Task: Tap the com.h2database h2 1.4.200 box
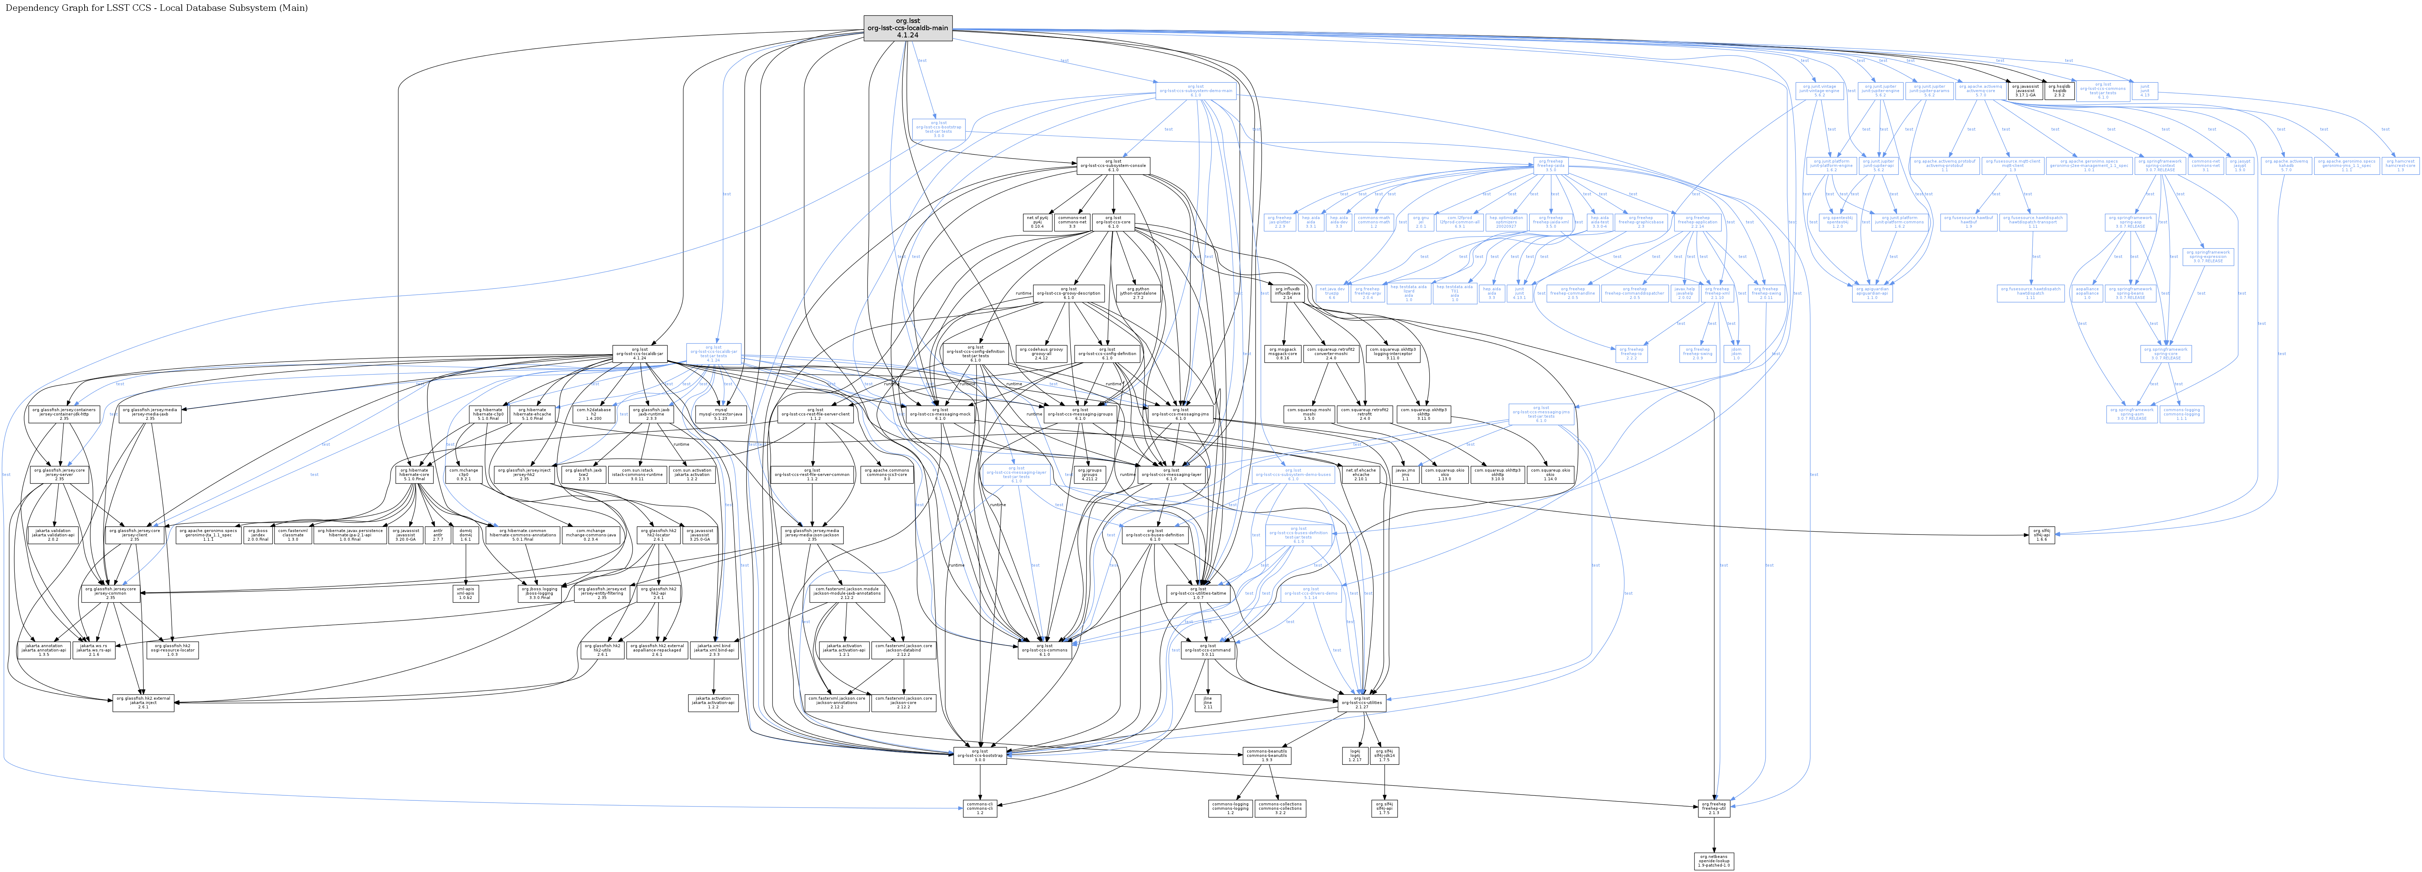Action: [x=593, y=413]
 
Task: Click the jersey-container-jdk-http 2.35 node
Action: [x=64, y=413]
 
